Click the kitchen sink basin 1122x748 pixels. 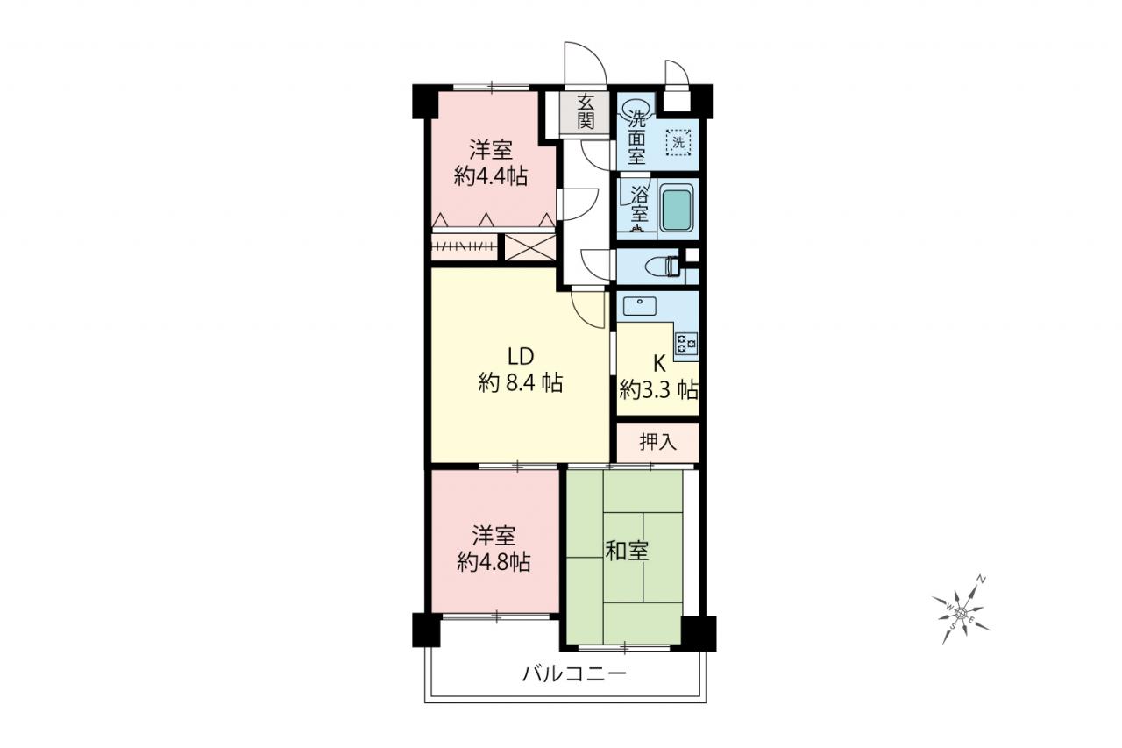640,306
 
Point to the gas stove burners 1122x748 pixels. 685,345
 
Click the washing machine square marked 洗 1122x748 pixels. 678,143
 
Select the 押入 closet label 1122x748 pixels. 658,442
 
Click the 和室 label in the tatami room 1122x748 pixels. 627,551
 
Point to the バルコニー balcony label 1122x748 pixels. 574,673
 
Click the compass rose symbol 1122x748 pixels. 961,612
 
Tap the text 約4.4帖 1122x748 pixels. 491,176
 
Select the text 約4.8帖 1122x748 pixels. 494,562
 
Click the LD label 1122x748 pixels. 521,357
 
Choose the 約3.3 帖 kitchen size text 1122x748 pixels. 658,389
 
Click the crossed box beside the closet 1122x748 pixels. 529,247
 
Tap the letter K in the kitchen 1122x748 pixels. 660,364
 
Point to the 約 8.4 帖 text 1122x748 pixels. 521,383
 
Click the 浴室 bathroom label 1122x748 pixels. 639,204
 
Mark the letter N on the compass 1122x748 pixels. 983,580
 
